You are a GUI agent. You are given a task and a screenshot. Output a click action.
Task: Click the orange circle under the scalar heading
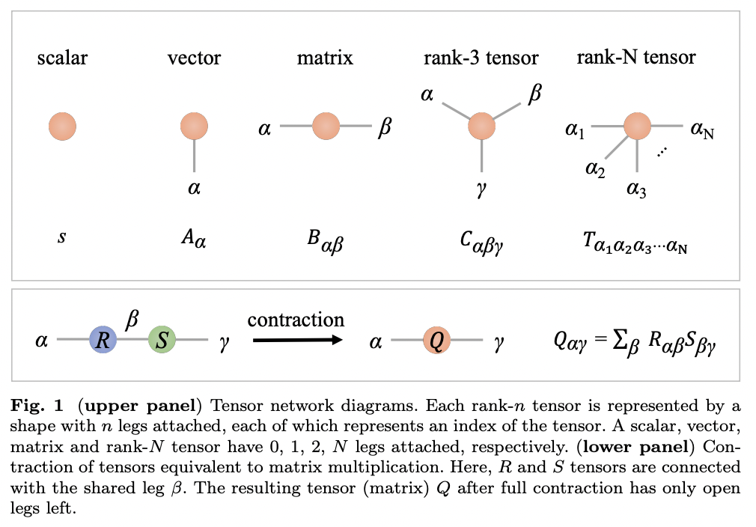pyautogui.click(x=62, y=127)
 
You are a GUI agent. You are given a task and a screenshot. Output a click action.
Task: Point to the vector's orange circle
pyautogui.click(x=194, y=127)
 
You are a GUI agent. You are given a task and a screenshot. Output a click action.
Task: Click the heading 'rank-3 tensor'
pyautogui.click(x=481, y=58)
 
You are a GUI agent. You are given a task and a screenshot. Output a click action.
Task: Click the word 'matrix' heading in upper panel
pyautogui.click(x=326, y=58)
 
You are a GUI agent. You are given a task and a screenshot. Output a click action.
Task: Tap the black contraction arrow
pyautogui.click(x=296, y=341)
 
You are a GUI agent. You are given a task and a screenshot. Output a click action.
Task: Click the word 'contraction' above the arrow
pyautogui.click(x=296, y=320)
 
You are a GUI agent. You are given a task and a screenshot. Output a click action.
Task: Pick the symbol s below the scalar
pyautogui.click(x=61, y=238)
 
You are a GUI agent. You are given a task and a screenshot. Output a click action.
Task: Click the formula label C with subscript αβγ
pyautogui.click(x=481, y=241)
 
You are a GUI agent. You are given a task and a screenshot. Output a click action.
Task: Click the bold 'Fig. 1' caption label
pyautogui.click(x=35, y=406)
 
